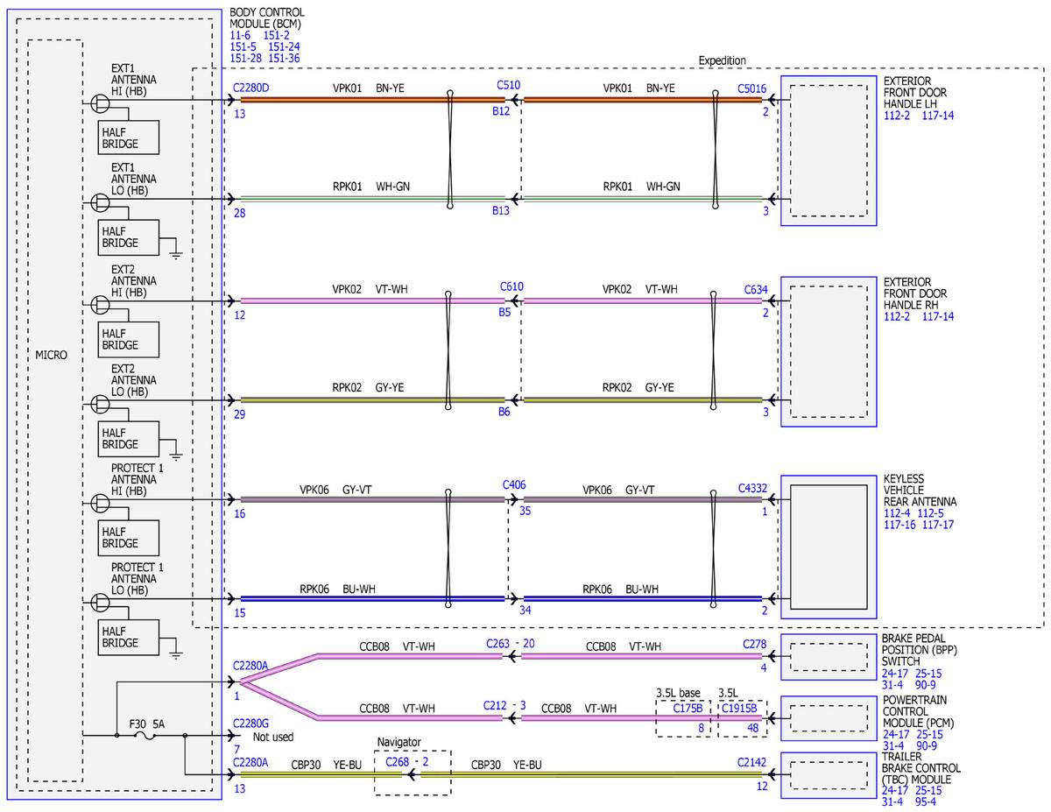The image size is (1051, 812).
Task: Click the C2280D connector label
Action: point(250,88)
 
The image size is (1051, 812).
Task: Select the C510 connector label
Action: point(508,85)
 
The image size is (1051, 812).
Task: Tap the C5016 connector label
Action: point(751,89)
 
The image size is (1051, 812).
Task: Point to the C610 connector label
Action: point(511,286)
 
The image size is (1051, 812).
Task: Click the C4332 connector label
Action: point(752,489)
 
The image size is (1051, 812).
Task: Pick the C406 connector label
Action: point(513,485)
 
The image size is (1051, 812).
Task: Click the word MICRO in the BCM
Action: point(52,356)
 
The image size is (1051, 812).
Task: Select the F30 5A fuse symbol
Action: point(145,736)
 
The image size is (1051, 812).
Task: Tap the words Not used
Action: point(272,737)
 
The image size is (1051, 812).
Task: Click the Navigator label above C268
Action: point(399,742)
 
